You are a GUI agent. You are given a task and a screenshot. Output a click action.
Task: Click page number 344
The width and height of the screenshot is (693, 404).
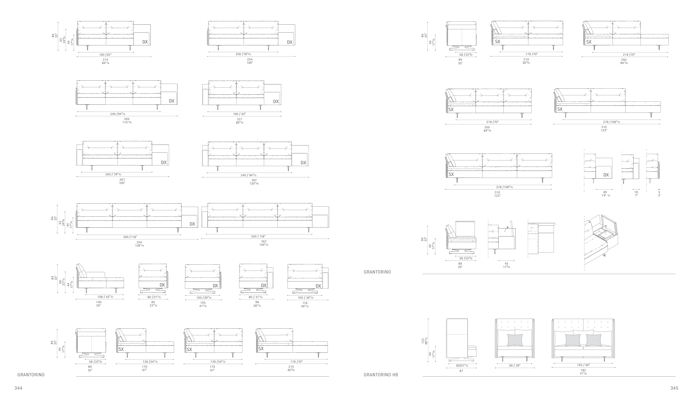(x=18, y=388)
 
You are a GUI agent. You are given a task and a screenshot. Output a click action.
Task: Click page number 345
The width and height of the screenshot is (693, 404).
(x=674, y=388)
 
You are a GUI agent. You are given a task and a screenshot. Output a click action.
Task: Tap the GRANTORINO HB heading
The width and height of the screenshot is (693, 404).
(x=381, y=375)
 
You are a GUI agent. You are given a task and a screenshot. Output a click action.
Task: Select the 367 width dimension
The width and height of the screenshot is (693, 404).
(x=264, y=242)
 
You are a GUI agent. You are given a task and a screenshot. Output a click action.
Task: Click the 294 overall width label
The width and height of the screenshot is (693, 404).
(x=127, y=119)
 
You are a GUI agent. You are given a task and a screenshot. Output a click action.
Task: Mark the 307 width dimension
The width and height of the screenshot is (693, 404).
(x=254, y=180)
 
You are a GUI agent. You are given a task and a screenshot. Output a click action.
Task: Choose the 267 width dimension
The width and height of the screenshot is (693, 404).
(x=122, y=180)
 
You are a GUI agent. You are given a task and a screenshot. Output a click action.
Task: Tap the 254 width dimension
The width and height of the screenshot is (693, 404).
(x=250, y=59)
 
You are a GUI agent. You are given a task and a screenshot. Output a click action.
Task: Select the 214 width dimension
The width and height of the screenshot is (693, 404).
(x=105, y=60)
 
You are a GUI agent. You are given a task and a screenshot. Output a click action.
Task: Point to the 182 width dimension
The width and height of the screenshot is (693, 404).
(x=583, y=370)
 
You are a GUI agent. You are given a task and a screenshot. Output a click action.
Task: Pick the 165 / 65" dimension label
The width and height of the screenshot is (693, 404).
(x=583, y=365)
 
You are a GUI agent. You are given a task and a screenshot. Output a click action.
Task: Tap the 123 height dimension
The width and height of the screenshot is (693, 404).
(x=423, y=341)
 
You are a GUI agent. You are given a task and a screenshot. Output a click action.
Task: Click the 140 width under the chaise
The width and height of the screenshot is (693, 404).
(x=99, y=302)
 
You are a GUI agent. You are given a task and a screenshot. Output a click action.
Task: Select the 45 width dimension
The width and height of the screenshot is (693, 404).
(x=506, y=264)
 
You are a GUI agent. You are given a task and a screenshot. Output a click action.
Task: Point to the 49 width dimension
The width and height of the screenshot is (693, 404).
(x=605, y=192)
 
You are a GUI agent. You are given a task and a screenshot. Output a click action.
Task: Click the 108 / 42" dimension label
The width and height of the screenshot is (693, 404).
(x=105, y=297)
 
